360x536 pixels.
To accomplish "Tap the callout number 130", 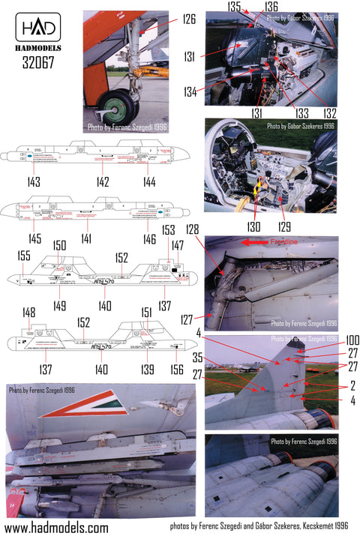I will (254, 225).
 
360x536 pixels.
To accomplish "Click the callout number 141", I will (87, 238).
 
